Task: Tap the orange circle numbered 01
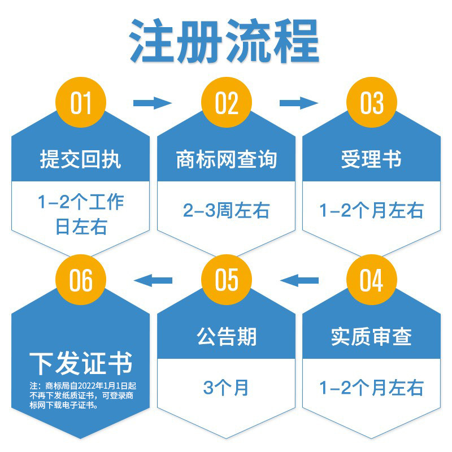tap(80, 103)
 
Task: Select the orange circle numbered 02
tap(227, 103)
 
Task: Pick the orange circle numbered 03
tap(372, 103)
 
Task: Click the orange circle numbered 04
tap(372, 281)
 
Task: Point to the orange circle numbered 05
tap(227, 281)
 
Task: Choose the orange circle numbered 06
tap(80, 281)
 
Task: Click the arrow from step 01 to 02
tap(152, 103)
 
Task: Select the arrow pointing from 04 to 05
tap(299, 279)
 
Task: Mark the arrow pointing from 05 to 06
tap(152, 279)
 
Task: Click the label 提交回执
tap(80, 160)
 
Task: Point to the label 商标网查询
tap(227, 160)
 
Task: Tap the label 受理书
tap(371, 160)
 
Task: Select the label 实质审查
tap(371, 337)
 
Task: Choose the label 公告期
tap(227, 337)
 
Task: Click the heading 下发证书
tap(80, 362)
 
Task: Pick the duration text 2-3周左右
tap(227, 211)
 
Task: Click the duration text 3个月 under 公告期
tap(227, 388)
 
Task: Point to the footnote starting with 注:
tap(80, 395)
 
